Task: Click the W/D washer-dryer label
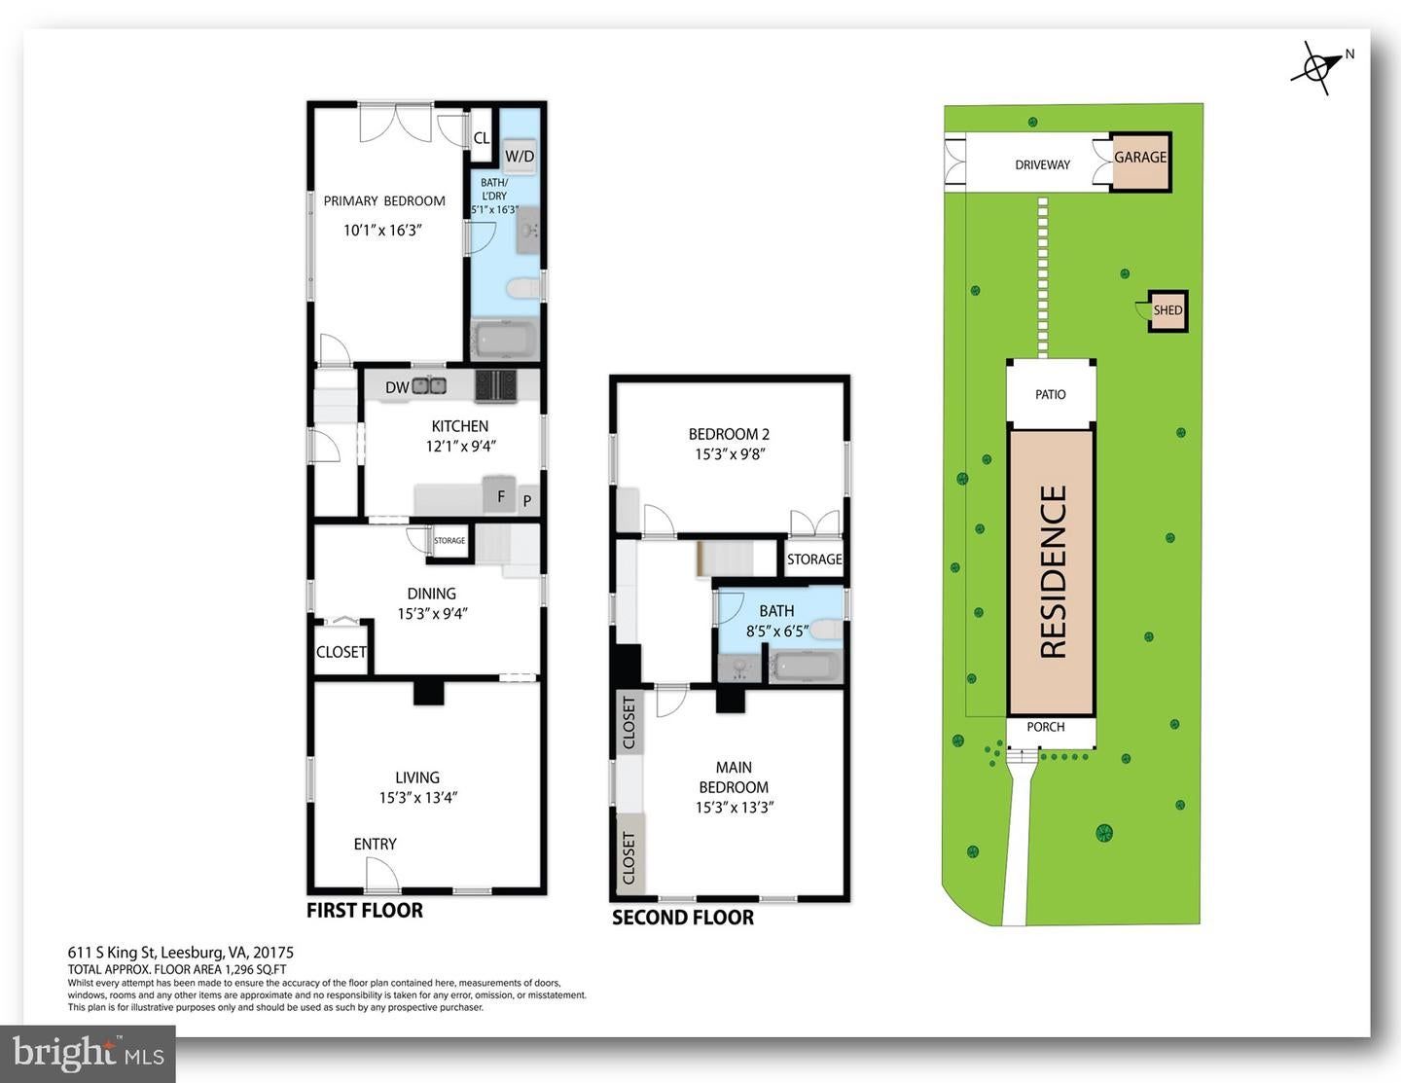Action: [x=519, y=156]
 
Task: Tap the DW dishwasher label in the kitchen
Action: [x=397, y=387]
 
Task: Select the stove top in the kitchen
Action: [x=496, y=385]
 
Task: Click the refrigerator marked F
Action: [x=500, y=495]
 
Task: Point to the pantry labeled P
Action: [x=527, y=500]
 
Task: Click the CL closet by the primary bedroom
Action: [x=481, y=138]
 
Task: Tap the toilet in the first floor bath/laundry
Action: [x=523, y=287]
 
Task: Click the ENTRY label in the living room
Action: [x=375, y=844]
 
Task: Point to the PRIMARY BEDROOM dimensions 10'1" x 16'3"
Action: [x=382, y=231]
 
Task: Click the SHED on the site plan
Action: [x=1167, y=310]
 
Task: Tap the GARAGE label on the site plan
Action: [x=1140, y=158]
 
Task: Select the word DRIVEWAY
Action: [x=1043, y=165]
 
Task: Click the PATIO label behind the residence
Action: [x=1051, y=394]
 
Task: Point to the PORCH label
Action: [x=1046, y=727]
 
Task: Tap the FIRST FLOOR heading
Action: [x=365, y=910]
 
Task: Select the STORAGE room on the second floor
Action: [x=814, y=559]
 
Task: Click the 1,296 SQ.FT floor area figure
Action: [x=255, y=969]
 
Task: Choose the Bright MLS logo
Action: [x=88, y=1054]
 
